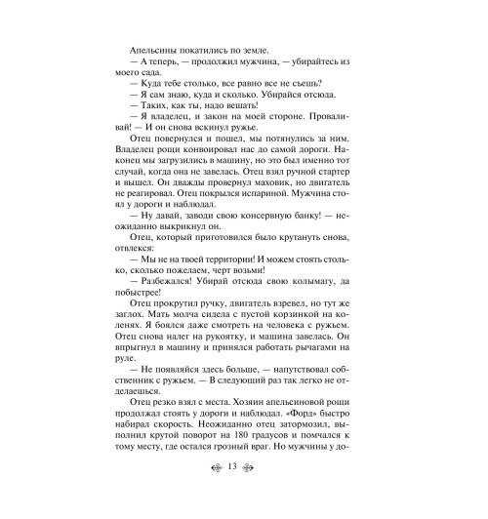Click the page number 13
(244, 494)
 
